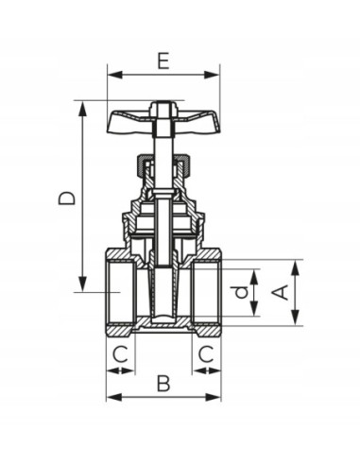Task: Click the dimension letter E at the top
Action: [163, 61]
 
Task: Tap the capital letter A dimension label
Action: [280, 292]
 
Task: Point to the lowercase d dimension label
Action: [243, 292]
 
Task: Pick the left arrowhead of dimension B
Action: [111, 398]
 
